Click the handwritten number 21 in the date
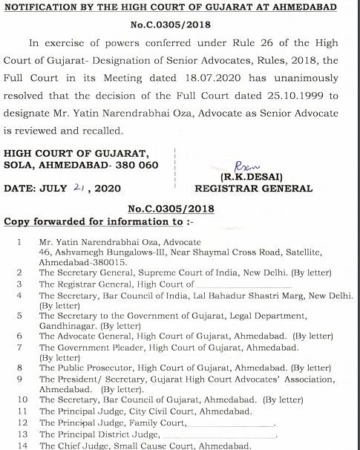pos(79,189)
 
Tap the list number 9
pos(19,378)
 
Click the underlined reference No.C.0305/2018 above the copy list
pos(171,209)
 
